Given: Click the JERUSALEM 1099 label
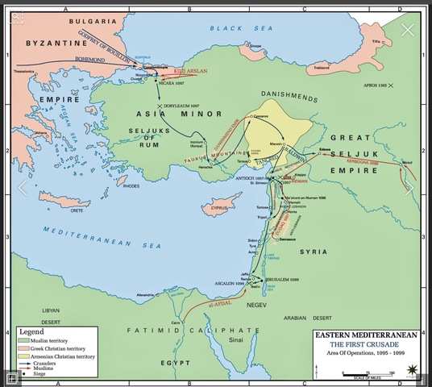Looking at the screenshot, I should [284, 280].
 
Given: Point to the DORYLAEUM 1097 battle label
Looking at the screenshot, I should [182, 106].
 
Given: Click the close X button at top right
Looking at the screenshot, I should [408, 31].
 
